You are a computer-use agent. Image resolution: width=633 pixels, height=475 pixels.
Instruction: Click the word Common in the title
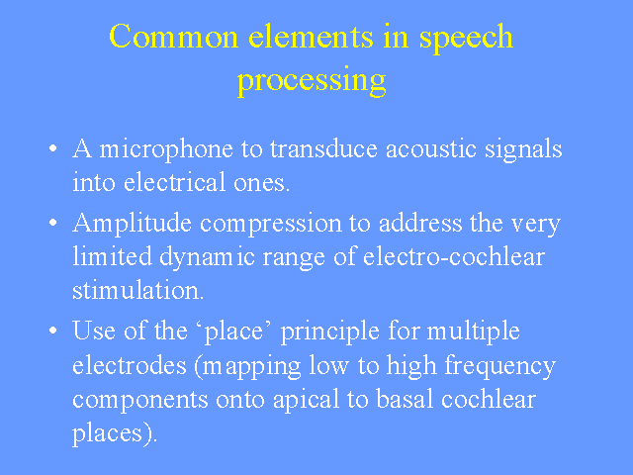pyautogui.click(x=174, y=37)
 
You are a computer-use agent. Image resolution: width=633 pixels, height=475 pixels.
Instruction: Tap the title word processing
pyautogui.click(x=312, y=82)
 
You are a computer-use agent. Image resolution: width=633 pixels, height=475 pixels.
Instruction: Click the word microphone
pyautogui.click(x=166, y=150)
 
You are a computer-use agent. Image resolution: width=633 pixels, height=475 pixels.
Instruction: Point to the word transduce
pyautogui.click(x=323, y=148)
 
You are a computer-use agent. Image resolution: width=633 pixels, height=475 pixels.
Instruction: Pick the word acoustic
pyautogui.click(x=431, y=148)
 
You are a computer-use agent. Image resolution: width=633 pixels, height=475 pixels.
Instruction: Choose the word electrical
pyautogui.click(x=174, y=182)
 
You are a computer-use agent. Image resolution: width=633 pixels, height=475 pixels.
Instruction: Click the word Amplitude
pyautogui.click(x=132, y=225)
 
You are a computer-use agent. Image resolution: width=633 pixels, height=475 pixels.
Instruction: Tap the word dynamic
pyautogui.click(x=207, y=258)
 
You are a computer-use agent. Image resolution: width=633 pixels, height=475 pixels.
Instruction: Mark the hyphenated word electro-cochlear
pyautogui.click(x=454, y=256)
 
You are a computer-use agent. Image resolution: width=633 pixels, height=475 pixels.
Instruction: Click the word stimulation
pyautogui.click(x=138, y=290)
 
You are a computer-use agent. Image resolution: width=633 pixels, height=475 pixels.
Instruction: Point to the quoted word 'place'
pyautogui.click(x=234, y=332)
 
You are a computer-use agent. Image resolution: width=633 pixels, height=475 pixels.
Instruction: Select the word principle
pyautogui.click(x=329, y=332)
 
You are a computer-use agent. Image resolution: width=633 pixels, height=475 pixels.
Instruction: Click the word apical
pyautogui.click(x=306, y=401)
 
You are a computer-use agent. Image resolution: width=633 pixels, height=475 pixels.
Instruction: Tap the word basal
pyautogui.click(x=405, y=398)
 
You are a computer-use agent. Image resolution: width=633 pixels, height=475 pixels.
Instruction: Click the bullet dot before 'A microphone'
pyautogui.click(x=52, y=148)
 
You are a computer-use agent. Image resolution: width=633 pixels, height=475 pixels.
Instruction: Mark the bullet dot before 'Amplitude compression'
pyautogui.click(x=52, y=223)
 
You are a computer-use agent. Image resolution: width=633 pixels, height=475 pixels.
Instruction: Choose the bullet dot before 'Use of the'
pyautogui.click(x=52, y=331)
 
